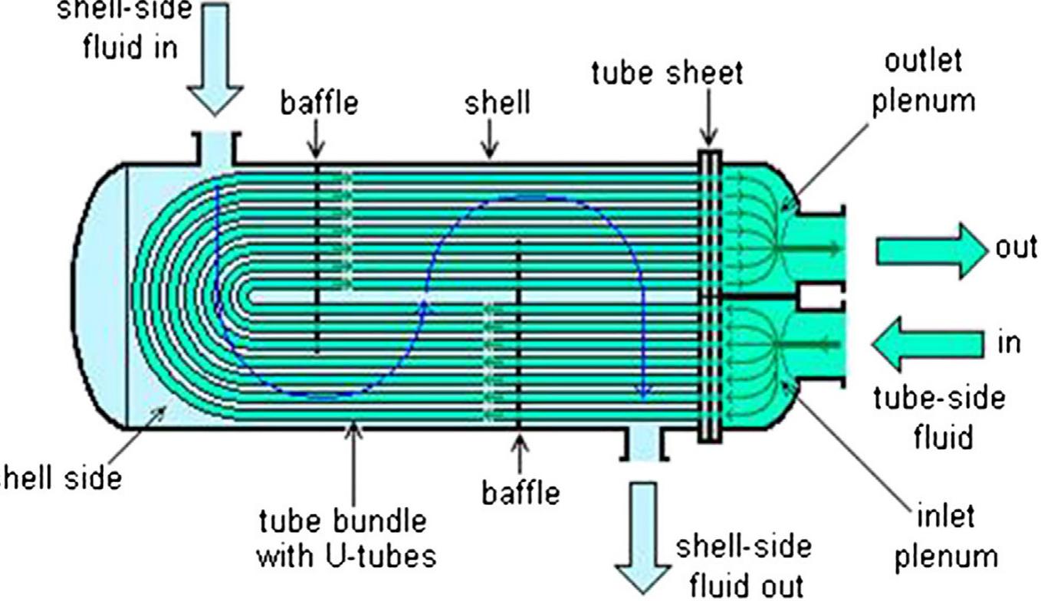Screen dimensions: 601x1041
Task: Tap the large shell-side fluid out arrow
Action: pyautogui.click(x=642, y=537)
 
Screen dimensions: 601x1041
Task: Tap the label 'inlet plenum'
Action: pyautogui.click(x=946, y=536)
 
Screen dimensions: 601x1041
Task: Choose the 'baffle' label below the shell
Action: pyautogui.click(x=521, y=492)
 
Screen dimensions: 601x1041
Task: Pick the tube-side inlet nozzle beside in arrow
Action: pyautogui.click(x=820, y=343)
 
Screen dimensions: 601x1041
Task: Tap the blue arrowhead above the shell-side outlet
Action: pyautogui.click(x=645, y=393)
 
